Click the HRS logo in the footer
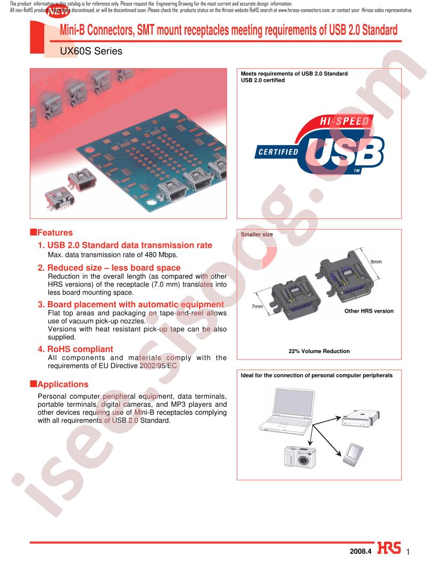pyautogui.click(x=388, y=549)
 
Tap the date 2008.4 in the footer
pyautogui.click(x=361, y=551)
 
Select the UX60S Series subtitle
pyautogui.click(x=91, y=51)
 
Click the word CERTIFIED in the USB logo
pyautogui.click(x=278, y=152)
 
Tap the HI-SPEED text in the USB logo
pyautogui.click(x=344, y=121)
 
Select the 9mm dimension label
pyautogui.click(x=376, y=262)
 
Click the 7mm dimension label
pyautogui.click(x=257, y=306)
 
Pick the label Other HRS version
pyautogui.click(x=369, y=311)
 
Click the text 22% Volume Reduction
pyautogui.click(x=319, y=351)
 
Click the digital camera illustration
pyautogui.click(x=300, y=457)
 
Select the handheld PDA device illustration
pyautogui.click(x=353, y=455)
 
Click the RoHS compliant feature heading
pyautogui.click(x=76, y=349)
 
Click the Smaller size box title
pyautogui.click(x=256, y=234)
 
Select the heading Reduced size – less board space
pyautogui.click(x=109, y=268)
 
